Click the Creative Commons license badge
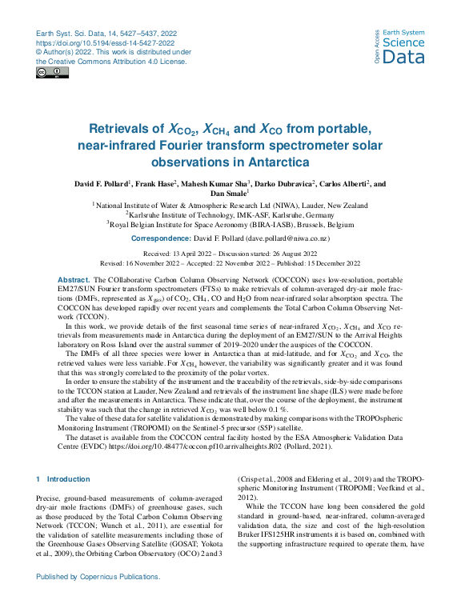(52, 73)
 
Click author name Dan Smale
(230, 193)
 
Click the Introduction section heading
(69, 478)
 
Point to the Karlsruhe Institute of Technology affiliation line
(230, 215)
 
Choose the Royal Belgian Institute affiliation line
(230, 225)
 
